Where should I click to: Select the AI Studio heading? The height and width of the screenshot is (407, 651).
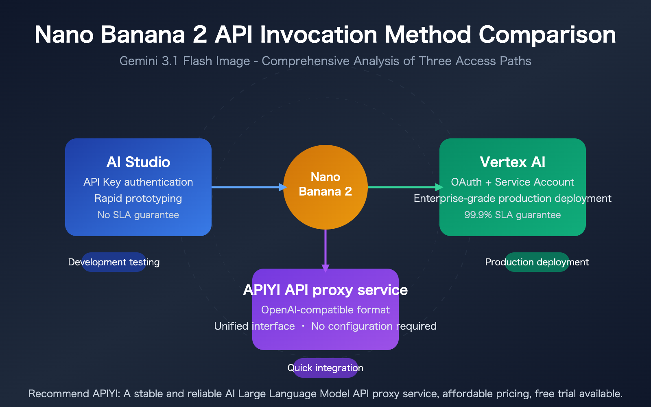coord(138,162)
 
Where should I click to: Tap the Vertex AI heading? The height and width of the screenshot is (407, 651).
coord(512,162)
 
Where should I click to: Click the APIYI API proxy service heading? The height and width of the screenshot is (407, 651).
coord(325,290)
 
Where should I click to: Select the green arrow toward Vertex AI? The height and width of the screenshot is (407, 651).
coord(405,187)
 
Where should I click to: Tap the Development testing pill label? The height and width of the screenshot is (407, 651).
coord(114,262)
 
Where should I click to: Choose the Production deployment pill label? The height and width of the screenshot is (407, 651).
coord(537,262)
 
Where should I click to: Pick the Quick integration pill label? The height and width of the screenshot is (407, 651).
coord(325,368)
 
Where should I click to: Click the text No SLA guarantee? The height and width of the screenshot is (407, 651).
coord(138,215)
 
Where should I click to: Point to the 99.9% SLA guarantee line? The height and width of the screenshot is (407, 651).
coord(512,215)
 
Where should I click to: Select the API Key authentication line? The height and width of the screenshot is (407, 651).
coord(138,182)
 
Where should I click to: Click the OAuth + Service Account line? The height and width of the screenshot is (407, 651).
coord(512,182)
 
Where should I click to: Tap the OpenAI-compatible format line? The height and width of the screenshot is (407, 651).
coord(325,310)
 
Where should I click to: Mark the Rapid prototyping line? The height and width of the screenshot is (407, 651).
coord(138,198)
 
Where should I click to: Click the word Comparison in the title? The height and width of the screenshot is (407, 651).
coord(547,35)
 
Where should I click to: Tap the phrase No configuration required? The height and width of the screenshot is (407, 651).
coord(374,326)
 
